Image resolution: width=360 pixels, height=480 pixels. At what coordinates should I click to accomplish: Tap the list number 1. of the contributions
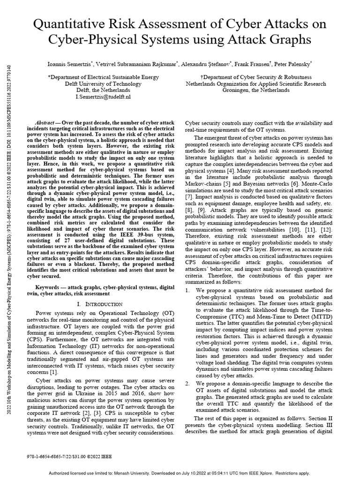tap(187, 290)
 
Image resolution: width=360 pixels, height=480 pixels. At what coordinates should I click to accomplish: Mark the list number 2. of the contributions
tap(187, 383)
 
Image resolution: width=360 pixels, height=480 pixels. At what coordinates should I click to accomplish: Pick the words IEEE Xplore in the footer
tap(273, 472)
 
